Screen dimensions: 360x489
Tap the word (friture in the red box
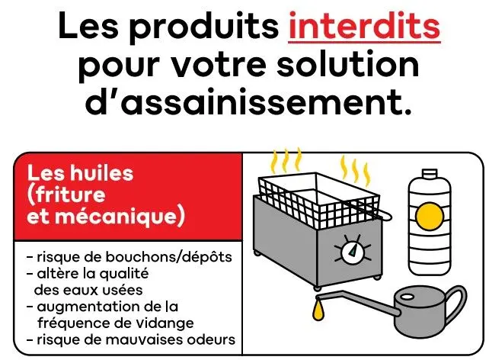tap(66, 195)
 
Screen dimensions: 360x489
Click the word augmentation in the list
tap(85, 307)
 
